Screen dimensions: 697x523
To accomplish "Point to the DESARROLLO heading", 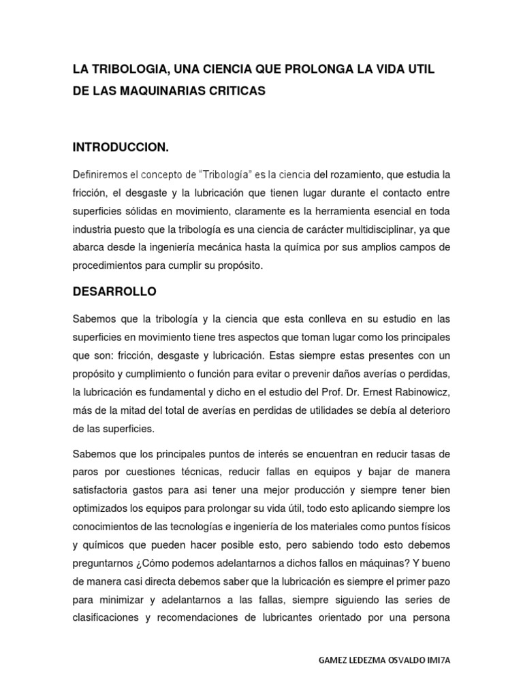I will click(x=114, y=291).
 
